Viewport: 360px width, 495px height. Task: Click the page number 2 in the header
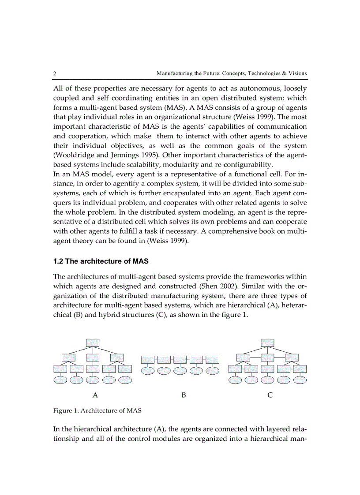pos(55,73)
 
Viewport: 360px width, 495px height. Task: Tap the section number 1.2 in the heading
pos(58,261)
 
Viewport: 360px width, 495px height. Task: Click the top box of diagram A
pos(93,342)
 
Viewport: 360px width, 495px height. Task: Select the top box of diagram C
pos(267,342)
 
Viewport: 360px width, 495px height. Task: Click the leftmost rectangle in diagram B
pos(148,359)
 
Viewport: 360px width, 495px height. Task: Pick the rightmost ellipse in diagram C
pos(300,380)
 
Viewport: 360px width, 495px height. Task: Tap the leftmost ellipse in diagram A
pos(60,380)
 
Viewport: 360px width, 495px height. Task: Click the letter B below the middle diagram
pos(184,395)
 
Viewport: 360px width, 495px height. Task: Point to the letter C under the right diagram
pos(270,395)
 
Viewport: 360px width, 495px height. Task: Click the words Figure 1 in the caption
pos(65,411)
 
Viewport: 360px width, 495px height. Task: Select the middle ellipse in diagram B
pos(180,371)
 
